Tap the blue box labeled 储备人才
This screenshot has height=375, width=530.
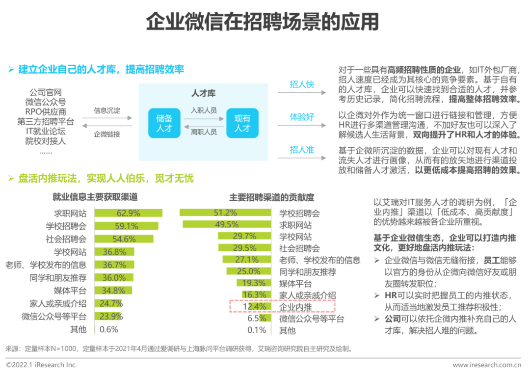[x=164, y=123]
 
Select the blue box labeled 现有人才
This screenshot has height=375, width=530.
[x=242, y=123]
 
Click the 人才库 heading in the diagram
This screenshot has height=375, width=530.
[x=203, y=93]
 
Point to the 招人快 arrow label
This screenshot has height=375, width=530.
[x=301, y=84]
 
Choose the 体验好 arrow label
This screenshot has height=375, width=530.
[x=301, y=117]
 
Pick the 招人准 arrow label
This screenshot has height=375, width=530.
[x=301, y=150]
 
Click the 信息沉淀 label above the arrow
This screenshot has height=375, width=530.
[x=107, y=110]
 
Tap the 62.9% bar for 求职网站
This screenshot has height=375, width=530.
[x=129, y=214]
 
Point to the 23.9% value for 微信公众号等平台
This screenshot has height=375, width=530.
[x=111, y=317]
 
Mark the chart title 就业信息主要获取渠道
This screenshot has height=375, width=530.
[x=95, y=197]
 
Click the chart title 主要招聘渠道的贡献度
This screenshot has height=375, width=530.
[x=271, y=197]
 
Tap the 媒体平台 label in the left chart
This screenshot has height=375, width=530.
[x=70, y=291]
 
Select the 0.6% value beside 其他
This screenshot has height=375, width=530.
[x=109, y=329]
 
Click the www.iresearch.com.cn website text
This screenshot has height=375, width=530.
[x=486, y=365]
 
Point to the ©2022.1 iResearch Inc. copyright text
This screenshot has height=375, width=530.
[x=41, y=365]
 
